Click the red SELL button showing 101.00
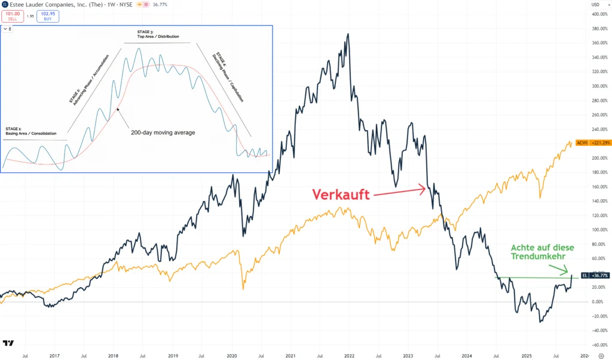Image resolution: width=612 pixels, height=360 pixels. point(13,16)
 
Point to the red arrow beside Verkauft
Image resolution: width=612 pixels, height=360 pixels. point(398,191)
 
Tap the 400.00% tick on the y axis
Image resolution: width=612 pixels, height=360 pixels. point(598,29)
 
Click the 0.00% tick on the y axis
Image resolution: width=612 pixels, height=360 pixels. point(598,301)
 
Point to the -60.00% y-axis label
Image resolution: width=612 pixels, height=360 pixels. point(598,344)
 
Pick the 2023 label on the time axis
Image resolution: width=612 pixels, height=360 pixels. point(408,355)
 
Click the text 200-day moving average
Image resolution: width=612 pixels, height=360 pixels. point(163,132)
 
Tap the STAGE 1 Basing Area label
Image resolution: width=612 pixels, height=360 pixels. point(30,131)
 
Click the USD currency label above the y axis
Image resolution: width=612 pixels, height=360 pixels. point(595,5)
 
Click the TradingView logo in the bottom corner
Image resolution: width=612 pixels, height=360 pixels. point(9,343)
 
